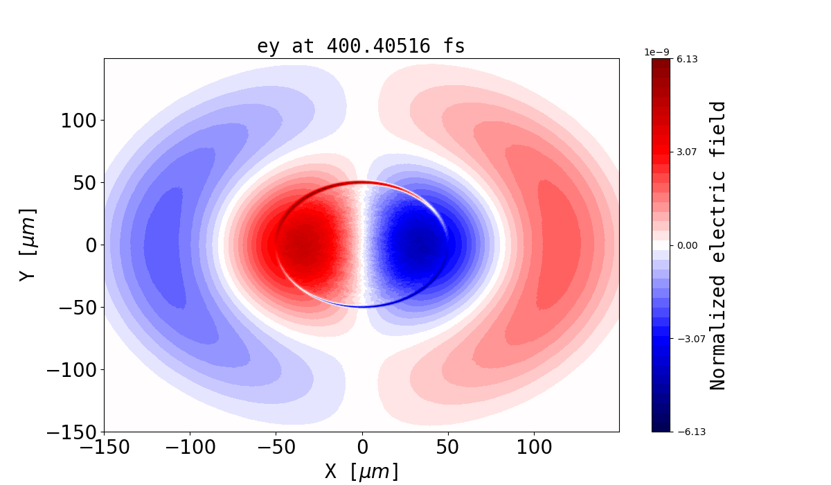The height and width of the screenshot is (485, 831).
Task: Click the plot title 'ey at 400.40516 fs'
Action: tap(361, 46)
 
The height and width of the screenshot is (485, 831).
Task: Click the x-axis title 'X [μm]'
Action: tap(361, 471)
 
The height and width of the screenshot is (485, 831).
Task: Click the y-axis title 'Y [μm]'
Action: tap(28, 245)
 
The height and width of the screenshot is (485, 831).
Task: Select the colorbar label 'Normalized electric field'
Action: tap(718, 245)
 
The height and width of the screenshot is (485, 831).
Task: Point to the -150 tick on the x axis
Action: tap(104, 448)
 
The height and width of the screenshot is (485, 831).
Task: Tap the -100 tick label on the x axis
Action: tap(190, 448)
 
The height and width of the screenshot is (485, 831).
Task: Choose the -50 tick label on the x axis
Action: tap(276, 448)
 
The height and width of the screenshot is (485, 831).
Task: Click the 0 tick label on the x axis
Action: tap(361, 448)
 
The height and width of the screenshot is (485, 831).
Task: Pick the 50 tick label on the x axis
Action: tap(448, 448)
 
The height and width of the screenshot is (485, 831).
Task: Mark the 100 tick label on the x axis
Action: tap(534, 448)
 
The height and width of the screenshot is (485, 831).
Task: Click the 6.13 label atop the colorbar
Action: tap(687, 60)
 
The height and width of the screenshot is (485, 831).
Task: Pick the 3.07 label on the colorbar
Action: tap(687, 152)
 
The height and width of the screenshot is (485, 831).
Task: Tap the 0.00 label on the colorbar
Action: tap(687, 245)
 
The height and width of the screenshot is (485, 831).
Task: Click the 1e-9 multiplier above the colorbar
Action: tap(656, 52)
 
